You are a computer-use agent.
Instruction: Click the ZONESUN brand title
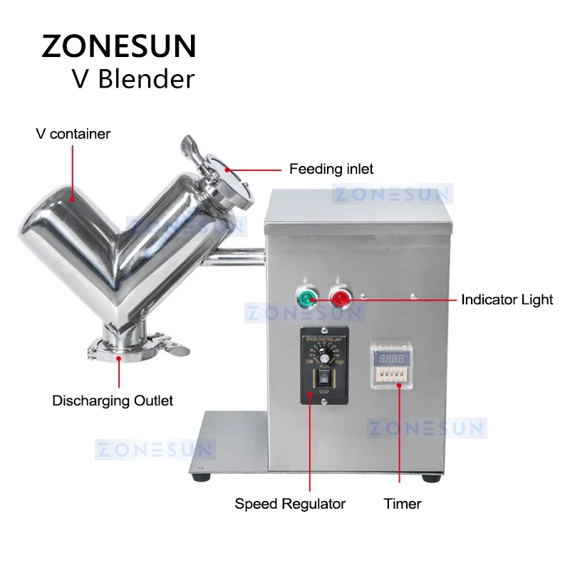tap(118, 46)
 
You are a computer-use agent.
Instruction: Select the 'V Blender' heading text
tap(133, 78)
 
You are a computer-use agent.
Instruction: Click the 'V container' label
tap(73, 134)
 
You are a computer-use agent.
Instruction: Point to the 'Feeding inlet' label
tap(331, 170)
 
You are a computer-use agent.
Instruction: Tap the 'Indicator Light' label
tap(507, 300)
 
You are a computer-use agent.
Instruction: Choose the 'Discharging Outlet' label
tap(113, 400)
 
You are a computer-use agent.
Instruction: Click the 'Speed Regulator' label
tap(290, 504)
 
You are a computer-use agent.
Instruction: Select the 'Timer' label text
tap(403, 504)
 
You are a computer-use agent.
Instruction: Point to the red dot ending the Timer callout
tap(399, 385)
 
